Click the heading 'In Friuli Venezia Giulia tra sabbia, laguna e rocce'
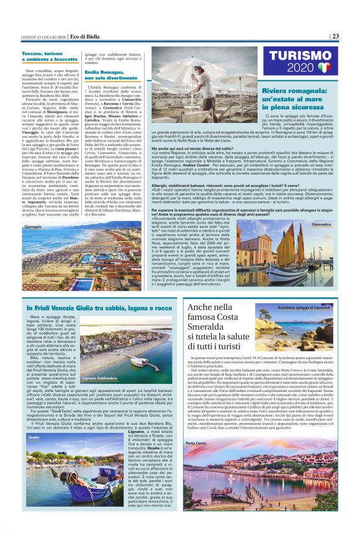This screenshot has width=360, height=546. click(x=91, y=307)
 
